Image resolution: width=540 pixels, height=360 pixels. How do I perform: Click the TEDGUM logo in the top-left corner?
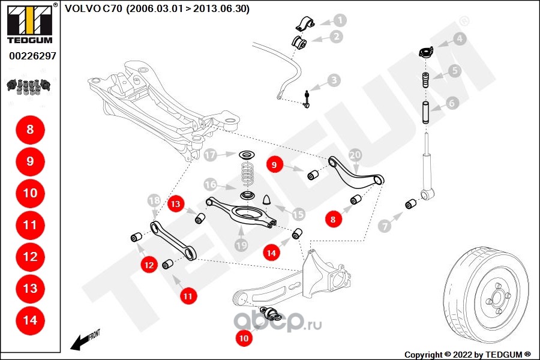[x=30, y=23]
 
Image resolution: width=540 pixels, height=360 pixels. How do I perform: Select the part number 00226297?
[x=32, y=56]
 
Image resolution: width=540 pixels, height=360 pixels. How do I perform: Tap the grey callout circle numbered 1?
[x=340, y=20]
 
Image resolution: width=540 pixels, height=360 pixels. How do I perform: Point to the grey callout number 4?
[x=459, y=38]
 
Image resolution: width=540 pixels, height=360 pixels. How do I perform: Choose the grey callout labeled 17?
[x=210, y=155]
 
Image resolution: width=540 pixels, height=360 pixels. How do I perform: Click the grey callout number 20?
[x=355, y=155]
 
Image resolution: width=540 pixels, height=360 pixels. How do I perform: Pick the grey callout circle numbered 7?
[x=385, y=226]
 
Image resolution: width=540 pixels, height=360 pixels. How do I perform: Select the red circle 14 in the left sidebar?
[x=31, y=320]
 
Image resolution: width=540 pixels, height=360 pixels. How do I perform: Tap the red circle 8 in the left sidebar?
[x=31, y=130]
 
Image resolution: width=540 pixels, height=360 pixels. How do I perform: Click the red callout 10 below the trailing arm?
[x=244, y=338]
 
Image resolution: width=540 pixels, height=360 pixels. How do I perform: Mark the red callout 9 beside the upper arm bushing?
[x=274, y=164]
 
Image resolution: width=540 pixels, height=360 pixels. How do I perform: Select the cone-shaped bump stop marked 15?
[x=268, y=200]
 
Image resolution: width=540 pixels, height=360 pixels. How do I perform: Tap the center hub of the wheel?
[x=497, y=297]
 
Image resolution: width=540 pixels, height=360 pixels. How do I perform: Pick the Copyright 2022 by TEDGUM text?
[x=467, y=355]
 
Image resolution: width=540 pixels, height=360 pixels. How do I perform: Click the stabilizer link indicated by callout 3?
[x=306, y=99]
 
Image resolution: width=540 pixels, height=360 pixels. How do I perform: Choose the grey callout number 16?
[x=210, y=185]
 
